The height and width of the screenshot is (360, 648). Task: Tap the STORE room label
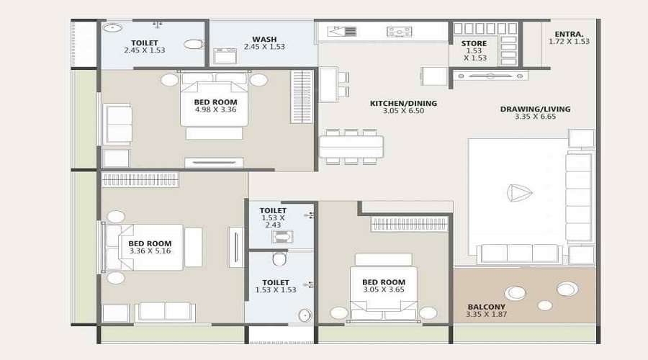coord(474,43)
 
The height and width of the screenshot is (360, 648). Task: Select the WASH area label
coord(266,39)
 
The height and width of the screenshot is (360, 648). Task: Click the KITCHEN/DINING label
coord(403,104)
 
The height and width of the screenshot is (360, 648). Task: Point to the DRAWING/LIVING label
coord(535,109)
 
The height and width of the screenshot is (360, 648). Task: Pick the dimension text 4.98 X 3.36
coord(215,111)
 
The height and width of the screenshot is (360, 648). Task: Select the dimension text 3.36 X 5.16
coord(150,251)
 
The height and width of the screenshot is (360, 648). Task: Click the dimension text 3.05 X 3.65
coord(383,290)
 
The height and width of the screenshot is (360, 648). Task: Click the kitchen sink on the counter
coord(342,32)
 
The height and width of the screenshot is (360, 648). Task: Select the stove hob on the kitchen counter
coord(399,32)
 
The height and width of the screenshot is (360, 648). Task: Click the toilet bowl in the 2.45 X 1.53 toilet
coord(193,44)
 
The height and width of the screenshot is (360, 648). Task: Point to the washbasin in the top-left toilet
coord(112,28)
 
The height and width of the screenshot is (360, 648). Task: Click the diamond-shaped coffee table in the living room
coord(518,193)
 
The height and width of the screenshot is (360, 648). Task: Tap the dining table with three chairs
coord(351,146)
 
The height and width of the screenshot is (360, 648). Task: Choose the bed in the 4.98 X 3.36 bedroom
coord(215,104)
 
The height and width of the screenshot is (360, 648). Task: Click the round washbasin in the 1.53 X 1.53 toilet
coord(305,315)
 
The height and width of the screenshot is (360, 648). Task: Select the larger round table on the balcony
coord(515,292)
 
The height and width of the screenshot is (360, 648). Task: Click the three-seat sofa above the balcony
coord(520,253)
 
